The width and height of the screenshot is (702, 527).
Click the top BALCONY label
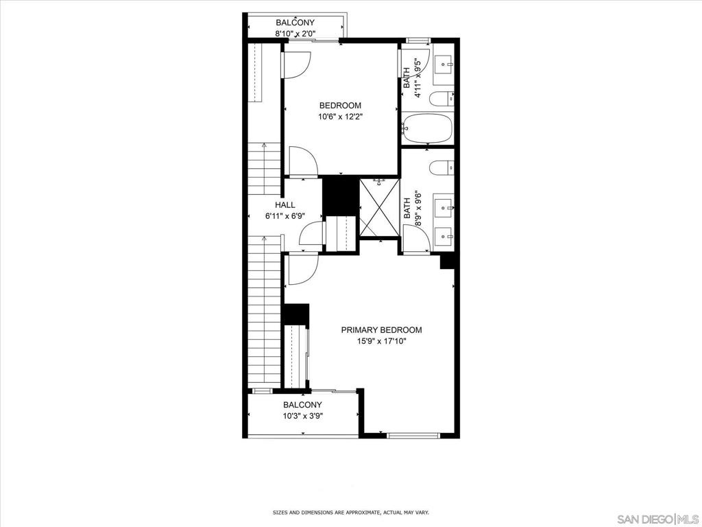[295, 23]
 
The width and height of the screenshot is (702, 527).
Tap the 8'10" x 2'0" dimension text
[295, 33]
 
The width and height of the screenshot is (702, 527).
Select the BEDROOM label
[340, 106]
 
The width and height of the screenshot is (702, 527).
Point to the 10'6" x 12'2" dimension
[340, 117]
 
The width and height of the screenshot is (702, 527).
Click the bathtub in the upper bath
[426, 128]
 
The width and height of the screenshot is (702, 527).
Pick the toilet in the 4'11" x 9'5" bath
[441, 99]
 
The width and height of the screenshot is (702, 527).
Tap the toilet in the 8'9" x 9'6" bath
[441, 167]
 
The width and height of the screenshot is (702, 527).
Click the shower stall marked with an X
[379, 208]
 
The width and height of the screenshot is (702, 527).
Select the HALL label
[285, 205]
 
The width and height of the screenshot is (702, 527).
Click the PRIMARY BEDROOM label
[381, 330]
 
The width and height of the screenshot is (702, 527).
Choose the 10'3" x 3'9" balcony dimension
[302, 416]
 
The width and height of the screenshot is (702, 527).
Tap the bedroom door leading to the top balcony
[296, 64]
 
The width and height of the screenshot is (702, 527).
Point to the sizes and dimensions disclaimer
[351, 512]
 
